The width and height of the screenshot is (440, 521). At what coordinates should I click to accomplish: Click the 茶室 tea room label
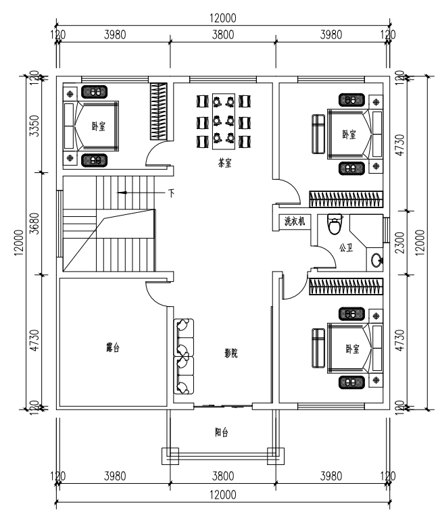coord(224,163)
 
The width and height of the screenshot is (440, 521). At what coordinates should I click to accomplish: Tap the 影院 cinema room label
coord(231,353)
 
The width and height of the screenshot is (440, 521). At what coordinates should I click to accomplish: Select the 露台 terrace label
coord(113,348)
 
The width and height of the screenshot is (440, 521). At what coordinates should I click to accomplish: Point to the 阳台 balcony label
coord(221,432)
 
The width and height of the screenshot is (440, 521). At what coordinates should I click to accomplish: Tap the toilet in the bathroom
coord(335,224)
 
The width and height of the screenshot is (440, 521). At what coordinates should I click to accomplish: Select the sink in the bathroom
coord(377,259)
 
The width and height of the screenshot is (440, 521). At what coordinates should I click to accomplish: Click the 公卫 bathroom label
coord(346,247)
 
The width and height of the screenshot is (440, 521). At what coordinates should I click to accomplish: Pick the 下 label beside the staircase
coord(171,193)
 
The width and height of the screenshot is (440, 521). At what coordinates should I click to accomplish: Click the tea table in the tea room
coord(224,122)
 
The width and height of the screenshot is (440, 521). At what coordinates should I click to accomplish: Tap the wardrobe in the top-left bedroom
coord(159,111)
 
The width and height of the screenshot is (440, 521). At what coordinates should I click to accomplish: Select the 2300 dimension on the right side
coord(401,243)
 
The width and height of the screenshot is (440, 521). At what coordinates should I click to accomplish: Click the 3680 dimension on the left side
coord(34,224)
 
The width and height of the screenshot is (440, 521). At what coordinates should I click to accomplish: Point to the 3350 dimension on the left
coord(34,126)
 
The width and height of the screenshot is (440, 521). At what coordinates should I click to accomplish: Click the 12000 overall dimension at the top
coord(222,18)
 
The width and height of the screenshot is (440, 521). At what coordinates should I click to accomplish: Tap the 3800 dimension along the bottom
coord(223,476)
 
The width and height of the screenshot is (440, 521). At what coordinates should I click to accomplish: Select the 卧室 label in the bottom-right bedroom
coord(353,349)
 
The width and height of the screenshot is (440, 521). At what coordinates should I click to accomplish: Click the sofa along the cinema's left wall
coord(184,357)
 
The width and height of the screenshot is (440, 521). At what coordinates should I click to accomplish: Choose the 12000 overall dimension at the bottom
coord(222,495)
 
